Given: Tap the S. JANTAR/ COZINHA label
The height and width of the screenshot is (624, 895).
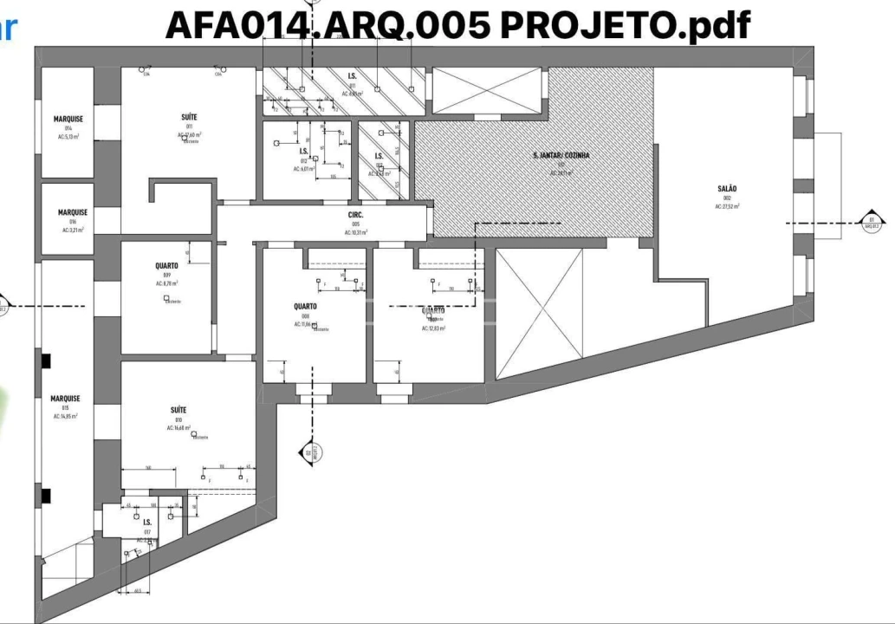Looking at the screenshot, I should (561, 156).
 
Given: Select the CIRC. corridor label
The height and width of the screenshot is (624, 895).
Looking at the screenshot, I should (355, 214).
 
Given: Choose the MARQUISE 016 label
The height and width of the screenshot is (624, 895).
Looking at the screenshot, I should (73, 211).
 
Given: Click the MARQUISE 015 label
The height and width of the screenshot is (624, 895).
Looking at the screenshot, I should (64, 399).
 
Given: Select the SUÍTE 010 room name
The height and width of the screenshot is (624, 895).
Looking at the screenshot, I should (178, 410).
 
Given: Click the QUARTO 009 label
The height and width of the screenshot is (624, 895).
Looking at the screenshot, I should (166, 266).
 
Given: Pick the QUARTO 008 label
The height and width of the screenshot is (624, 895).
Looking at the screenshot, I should (305, 307).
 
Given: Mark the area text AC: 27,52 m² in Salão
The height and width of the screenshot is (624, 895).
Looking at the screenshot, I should (730, 207).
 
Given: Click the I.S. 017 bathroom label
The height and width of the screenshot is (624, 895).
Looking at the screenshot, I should (147, 523).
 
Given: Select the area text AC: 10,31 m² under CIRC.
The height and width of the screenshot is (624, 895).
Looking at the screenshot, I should (355, 232).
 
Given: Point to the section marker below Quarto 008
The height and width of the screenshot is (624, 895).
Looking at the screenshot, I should (310, 451).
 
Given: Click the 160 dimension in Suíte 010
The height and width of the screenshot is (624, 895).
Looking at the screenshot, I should (148, 467).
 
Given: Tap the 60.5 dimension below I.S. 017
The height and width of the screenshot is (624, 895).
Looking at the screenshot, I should (138, 592).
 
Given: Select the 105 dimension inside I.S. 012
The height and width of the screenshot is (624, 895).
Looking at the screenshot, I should (333, 177).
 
